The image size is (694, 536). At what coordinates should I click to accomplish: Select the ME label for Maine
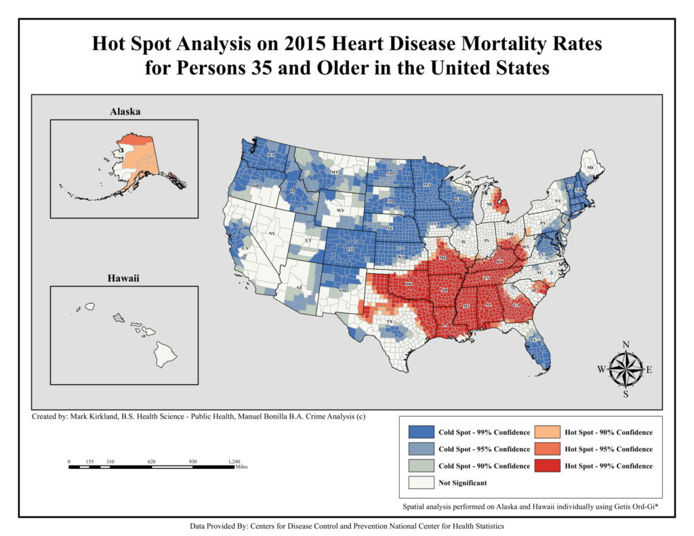pos(590,167)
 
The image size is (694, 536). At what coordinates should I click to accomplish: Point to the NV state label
pos(272,233)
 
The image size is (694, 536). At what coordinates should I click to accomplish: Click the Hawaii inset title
pos(125,278)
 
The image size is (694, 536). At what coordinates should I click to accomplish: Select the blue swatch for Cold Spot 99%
pos(421,432)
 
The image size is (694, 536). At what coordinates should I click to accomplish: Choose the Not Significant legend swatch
pos(421,482)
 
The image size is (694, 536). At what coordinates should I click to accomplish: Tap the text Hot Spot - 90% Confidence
pos(609,432)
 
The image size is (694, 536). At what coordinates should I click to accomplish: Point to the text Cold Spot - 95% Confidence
pos(484,449)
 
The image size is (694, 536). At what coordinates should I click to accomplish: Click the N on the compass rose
pos(626,344)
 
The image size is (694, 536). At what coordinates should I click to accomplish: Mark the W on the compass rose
pos(601,369)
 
